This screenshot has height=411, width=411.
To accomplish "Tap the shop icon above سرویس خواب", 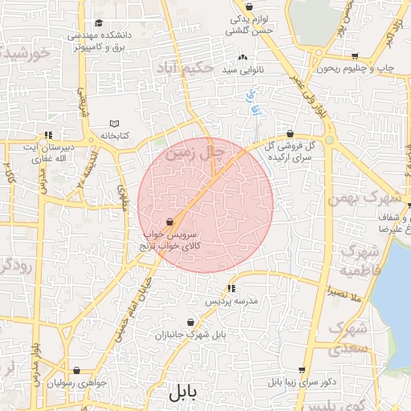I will (170, 222).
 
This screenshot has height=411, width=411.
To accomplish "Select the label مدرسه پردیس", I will (232, 301).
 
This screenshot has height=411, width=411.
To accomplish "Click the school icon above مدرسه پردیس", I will (231, 288).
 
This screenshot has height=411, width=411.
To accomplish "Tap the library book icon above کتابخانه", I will (114, 124).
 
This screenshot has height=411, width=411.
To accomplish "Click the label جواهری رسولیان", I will (77, 383).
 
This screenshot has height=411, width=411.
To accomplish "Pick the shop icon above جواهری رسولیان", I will (77, 371).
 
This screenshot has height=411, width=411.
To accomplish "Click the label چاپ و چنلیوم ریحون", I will (356, 69).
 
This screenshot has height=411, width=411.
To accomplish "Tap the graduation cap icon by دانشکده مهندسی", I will (99, 23).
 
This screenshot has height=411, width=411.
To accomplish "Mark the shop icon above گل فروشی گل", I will (290, 135).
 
